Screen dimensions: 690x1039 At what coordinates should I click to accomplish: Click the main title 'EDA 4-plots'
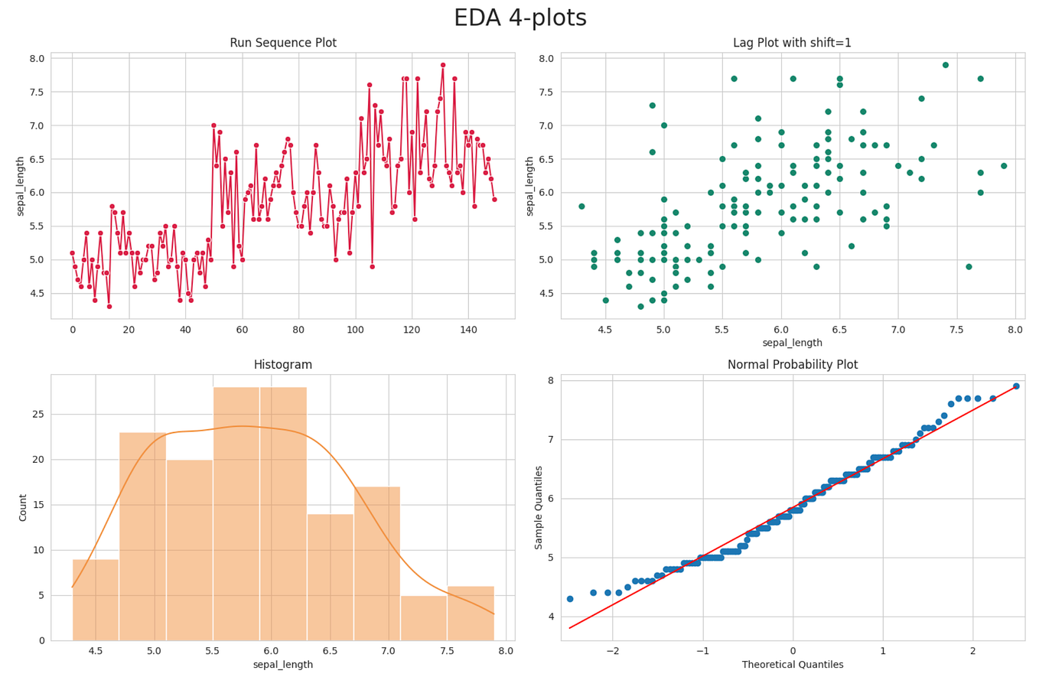point(519,18)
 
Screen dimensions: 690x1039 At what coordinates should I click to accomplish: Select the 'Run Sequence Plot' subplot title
point(283,44)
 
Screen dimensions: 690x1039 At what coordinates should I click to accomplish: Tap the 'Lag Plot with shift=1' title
point(792,44)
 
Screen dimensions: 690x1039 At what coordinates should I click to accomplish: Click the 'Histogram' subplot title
point(283,366)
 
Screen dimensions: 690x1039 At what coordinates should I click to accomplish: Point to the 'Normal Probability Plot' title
point(792,366)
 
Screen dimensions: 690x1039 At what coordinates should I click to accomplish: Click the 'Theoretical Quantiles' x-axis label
point(792,665)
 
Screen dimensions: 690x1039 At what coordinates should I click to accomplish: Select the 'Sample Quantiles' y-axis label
point(539,507)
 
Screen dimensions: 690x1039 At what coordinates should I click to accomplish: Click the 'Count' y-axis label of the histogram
point(23,507)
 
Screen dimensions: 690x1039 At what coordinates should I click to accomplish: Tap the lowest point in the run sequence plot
point(109,307)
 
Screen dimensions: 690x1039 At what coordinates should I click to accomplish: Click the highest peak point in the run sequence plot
point(443,65)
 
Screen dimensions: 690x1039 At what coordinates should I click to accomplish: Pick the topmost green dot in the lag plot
point(946,65)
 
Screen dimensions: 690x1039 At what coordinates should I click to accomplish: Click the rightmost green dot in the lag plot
point(1004,166)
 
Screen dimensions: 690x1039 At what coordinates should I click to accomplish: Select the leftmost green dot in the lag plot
point(581,207)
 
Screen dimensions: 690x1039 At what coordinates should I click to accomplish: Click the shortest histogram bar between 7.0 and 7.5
point(423,618)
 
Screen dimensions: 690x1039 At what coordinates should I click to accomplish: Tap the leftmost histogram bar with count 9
point(96,600)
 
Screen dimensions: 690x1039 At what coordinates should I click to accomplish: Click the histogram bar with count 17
point(376,564)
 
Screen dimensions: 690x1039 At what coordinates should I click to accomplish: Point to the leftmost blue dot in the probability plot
point(570,599)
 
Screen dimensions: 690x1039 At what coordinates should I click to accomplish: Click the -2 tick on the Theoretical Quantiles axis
point(613,652)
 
